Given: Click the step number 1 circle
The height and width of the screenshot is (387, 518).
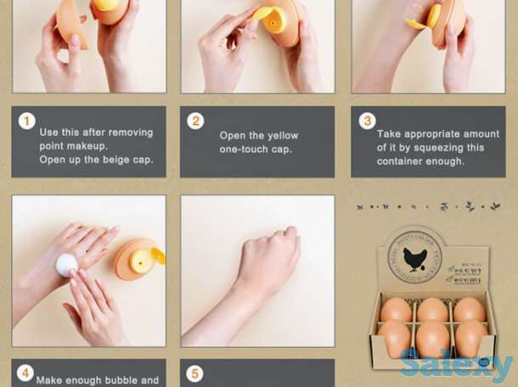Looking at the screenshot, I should coord(26,121).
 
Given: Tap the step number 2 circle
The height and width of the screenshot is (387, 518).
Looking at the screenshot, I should coord(196,121).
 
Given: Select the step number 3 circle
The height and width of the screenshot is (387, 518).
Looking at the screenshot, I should coord(367,121).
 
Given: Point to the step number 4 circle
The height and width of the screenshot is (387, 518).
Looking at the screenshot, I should coord(26,373).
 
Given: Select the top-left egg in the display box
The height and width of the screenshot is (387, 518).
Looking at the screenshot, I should coord(395,311).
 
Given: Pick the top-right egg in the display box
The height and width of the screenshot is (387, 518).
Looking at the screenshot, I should coord(470,311).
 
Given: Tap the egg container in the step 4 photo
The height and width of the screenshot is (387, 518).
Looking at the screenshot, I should coord(136,260).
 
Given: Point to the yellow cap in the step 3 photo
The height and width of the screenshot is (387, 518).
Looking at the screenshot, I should coord(433,17).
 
